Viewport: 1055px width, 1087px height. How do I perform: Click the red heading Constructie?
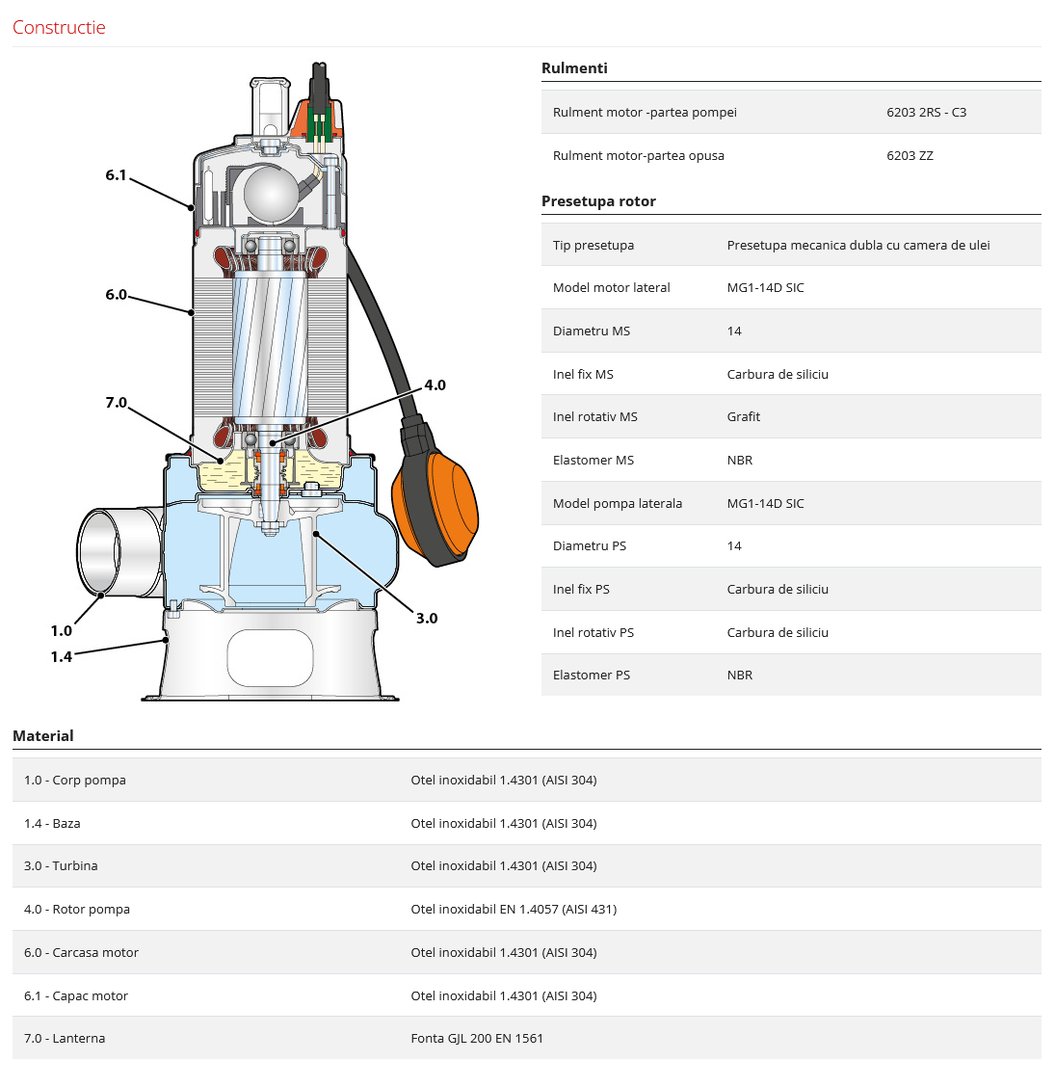tap(59, 28)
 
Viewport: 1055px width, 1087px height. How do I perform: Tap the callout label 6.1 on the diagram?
tap(116, 175)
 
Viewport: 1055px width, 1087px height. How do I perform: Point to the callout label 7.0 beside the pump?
tap(117, 403)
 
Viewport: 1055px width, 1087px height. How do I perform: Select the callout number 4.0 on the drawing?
tap(435, 385)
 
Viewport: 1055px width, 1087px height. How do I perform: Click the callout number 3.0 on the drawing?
tap(426, 619)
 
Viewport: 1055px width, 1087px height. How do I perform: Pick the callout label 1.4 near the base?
tap(61, 656)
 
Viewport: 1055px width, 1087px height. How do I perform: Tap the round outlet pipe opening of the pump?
tap(98, 552)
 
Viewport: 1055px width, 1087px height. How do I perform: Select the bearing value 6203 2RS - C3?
tap(926, 113)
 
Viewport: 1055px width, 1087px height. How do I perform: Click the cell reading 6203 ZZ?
tap(910, 156)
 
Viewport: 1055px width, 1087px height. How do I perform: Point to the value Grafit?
tap(743, 416)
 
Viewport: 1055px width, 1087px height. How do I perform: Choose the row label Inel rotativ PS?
tap(593, 632)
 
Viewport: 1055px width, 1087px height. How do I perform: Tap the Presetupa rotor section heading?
tap(598, 201)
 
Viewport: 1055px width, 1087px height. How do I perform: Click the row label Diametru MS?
tap(592, 331)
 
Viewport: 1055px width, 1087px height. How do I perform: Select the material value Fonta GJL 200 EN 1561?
tap(477, 1039)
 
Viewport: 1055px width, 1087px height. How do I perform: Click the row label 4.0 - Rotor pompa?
tap(77, 909)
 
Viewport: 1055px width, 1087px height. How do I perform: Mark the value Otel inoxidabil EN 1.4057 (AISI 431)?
tap(514, 909)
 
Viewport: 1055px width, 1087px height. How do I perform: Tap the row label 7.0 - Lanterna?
tap(65, 1039)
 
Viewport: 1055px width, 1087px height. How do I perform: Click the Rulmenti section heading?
tap(574, 67)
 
